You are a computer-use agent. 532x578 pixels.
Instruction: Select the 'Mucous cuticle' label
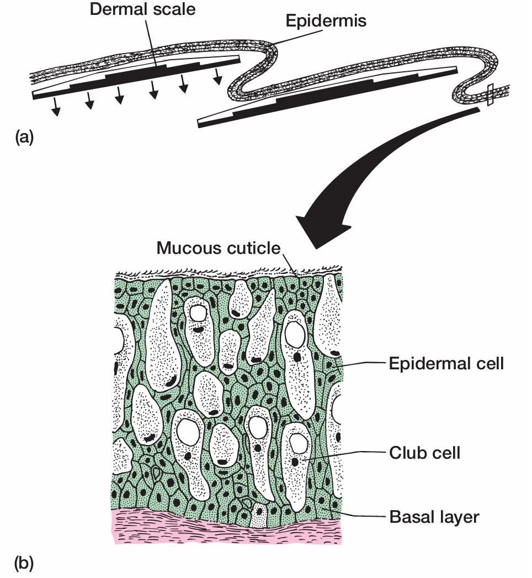coord(219,248)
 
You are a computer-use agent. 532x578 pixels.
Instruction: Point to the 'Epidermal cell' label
coord(446,364)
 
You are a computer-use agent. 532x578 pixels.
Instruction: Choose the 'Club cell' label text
coord(424,453)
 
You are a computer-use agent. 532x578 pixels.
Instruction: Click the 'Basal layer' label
coord(434,517)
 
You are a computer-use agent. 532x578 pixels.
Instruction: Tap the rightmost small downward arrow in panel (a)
coord(219,77)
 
